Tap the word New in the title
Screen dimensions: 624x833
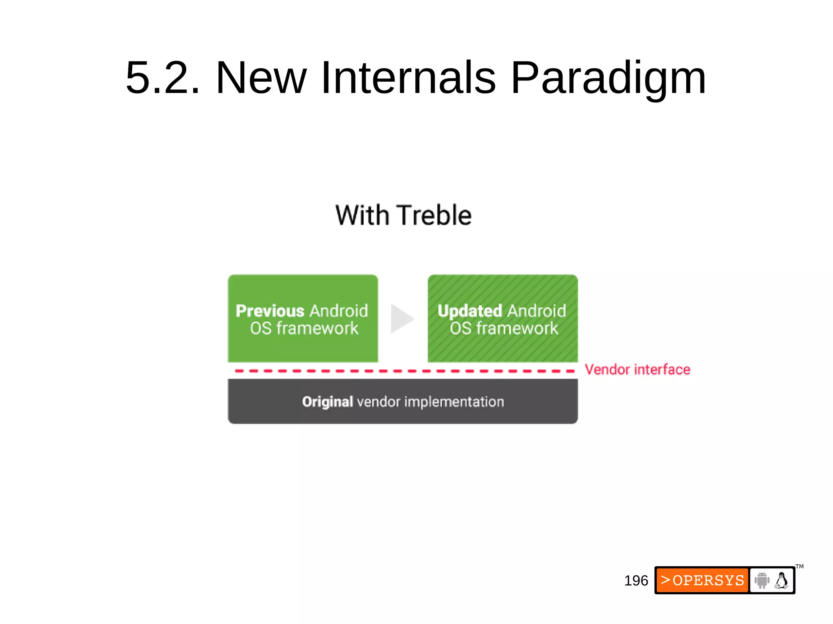261,78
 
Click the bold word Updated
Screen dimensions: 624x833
469,311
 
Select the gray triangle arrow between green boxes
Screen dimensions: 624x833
401,319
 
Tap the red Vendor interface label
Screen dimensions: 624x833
637,370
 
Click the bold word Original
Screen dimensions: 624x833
327,402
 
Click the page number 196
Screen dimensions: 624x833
636,581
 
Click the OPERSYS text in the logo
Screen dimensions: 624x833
708,580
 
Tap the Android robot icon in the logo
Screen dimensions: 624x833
762,580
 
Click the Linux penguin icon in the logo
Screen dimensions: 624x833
781,580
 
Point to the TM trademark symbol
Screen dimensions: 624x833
799,566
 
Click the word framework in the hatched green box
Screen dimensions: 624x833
517,328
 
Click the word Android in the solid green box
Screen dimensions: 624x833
338,311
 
